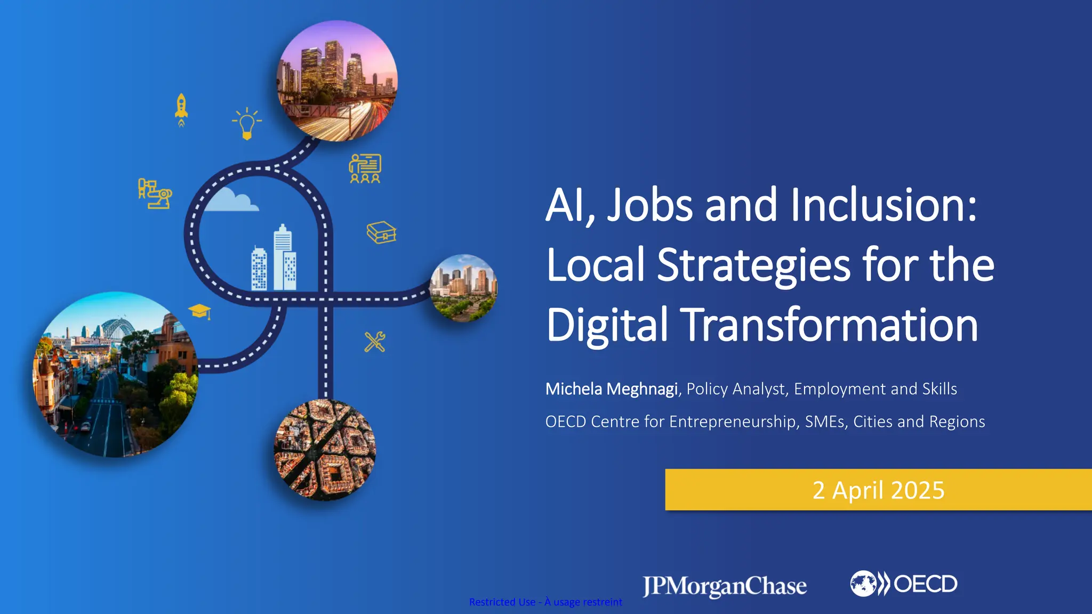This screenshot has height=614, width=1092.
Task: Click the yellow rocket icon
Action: coord(181,109)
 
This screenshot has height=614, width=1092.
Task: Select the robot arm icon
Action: coord(155,193)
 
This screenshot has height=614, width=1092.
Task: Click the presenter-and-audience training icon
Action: coord(365,168)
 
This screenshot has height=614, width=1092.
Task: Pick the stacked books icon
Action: coord(381,232)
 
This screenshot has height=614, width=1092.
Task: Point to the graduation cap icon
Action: coord(200,311)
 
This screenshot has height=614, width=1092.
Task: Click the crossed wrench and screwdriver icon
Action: coord(375,342)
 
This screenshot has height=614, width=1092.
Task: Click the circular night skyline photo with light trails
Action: coord(337,81)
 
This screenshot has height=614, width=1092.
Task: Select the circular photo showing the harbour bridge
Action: coord(116,374)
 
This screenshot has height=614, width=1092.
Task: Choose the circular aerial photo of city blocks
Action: coord(325,450)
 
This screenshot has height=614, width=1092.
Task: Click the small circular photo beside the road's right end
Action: coord(463,288)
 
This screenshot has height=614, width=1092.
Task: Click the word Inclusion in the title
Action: coord(884,205)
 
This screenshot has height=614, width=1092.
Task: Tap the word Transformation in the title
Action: coord(830,325)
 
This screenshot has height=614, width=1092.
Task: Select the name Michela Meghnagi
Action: coord(611,389)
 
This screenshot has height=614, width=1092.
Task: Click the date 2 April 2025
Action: coord(878,490)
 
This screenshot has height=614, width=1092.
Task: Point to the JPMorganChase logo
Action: coord(725,586)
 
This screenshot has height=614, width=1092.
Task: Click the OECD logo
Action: coord(904,584)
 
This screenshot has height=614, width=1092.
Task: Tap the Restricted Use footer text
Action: coord(545,602)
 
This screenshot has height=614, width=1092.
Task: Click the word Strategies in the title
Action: coord(754,265)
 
